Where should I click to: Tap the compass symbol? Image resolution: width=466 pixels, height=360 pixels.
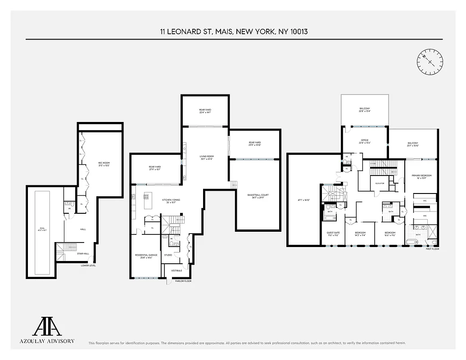(x=430, y=62)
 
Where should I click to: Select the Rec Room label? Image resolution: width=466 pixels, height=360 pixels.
(x=104, y=164)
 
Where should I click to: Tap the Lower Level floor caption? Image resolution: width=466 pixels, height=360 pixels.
(x=88, y=265)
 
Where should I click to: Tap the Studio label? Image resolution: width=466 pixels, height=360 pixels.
(x=168, y=255)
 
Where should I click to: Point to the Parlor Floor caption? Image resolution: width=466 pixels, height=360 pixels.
(x=183, y=281)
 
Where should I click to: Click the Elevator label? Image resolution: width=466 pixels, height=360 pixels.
(x=379, y=184)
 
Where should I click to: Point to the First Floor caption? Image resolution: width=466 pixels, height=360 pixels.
(x=432, y=249)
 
